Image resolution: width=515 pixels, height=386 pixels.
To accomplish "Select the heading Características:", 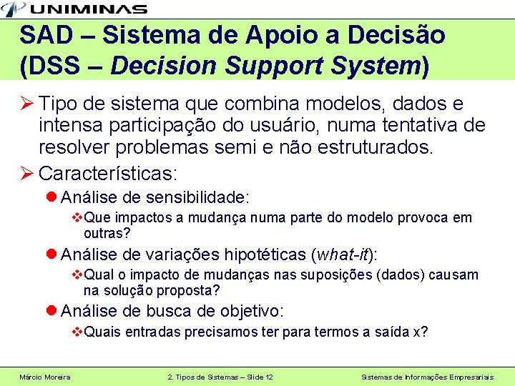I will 108,173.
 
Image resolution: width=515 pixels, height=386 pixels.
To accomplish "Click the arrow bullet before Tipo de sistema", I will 27,105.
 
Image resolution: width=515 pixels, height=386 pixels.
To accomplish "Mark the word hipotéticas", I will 265,254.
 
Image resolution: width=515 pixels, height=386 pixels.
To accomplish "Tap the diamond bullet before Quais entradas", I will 78,332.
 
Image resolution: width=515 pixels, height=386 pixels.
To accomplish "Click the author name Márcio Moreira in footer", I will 45,377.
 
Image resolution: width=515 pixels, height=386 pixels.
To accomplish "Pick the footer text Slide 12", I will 253,377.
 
